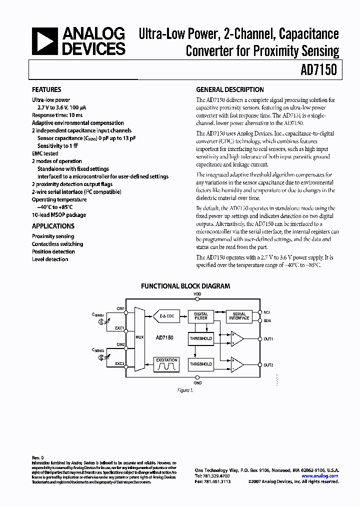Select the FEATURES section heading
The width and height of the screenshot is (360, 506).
(46, 90)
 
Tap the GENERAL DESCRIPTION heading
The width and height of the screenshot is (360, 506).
(230, 90)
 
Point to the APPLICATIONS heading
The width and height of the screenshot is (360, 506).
(53, 226)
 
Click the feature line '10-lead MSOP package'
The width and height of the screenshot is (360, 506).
(59, 215)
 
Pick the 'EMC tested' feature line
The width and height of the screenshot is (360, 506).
(45, 153)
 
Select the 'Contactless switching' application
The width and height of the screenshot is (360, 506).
(57, 244)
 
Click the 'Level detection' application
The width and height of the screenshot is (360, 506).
(50, 259)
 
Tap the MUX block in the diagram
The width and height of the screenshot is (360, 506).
(139, 337)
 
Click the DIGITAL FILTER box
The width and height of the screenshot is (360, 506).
(200, 316)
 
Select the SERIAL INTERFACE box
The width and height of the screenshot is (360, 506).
(239, 316)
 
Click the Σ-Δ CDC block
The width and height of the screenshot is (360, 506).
(166, 316)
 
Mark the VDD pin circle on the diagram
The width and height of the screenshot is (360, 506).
(197, 299)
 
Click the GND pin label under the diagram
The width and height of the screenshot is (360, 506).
(197, 383)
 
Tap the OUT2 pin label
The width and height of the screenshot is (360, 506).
(268, 364)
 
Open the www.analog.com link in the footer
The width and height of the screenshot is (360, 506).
(320, 476)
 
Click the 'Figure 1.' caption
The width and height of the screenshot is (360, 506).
(184, 390)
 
